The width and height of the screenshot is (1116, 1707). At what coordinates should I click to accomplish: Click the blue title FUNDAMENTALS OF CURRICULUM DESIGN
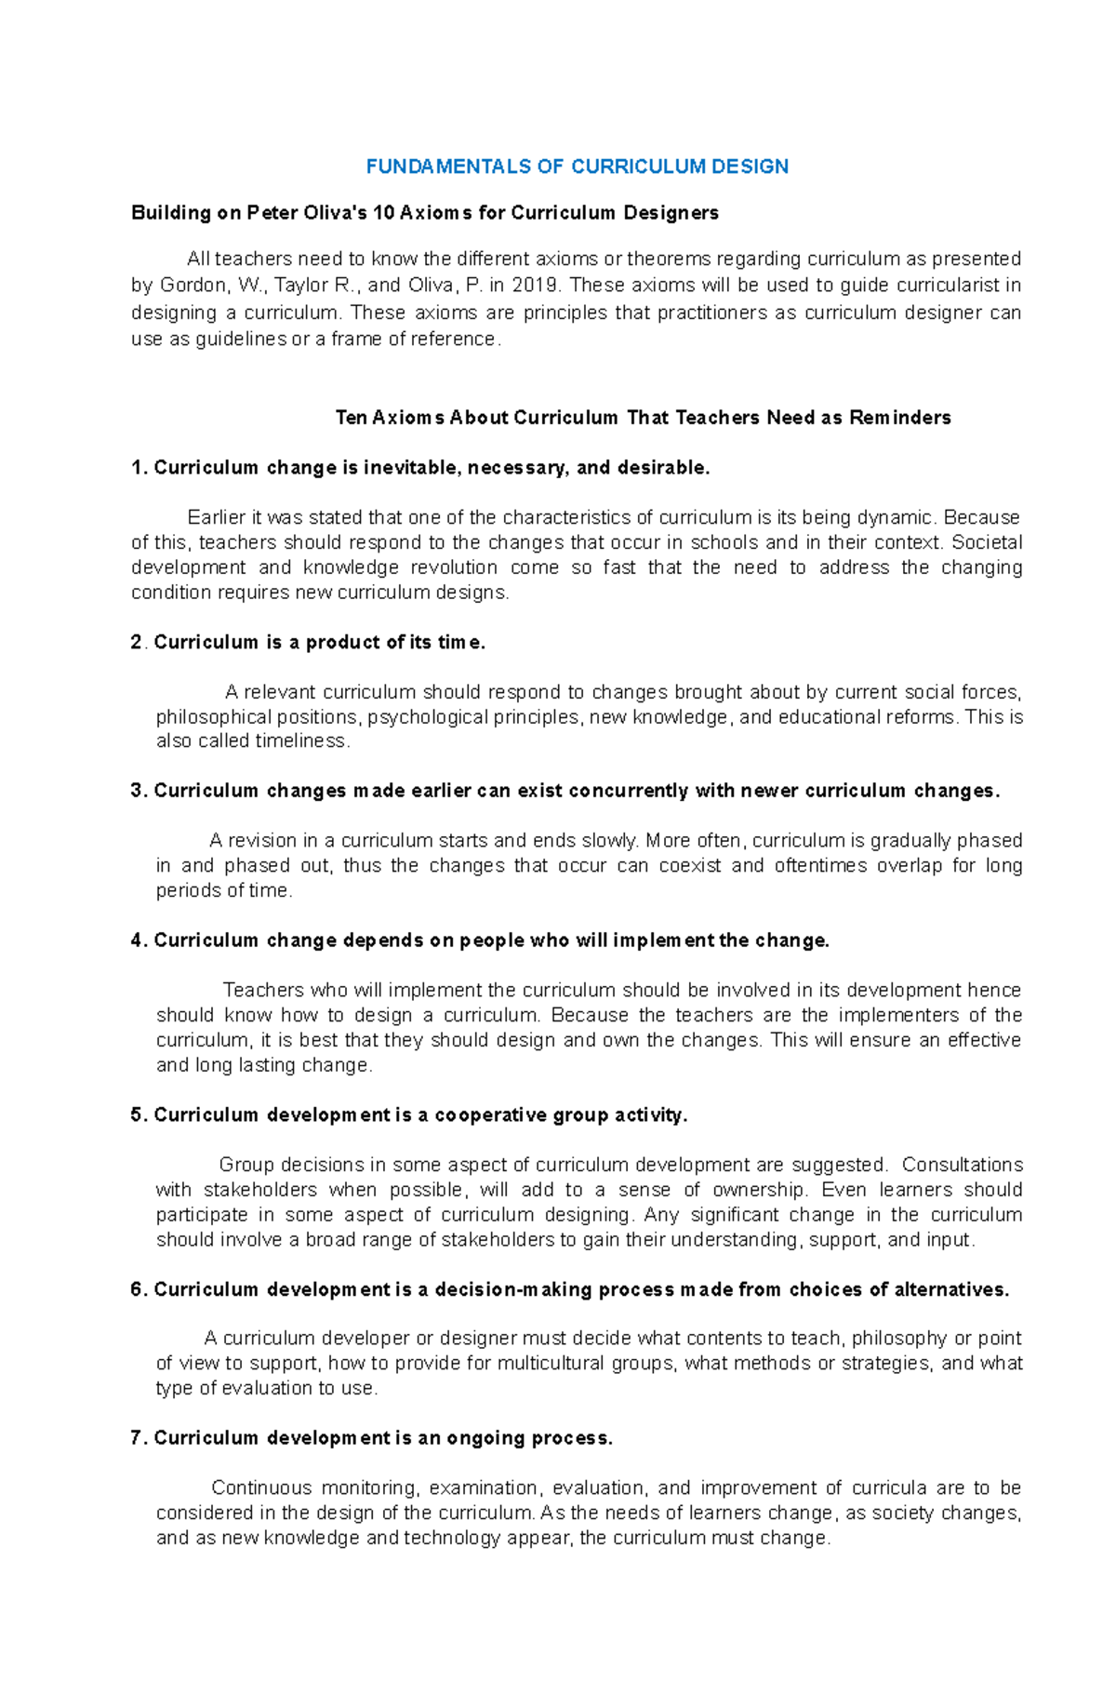577,167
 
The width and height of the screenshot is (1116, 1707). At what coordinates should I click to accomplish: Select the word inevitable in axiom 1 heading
412,468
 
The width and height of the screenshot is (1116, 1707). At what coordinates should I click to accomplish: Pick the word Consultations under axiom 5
962,1165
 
